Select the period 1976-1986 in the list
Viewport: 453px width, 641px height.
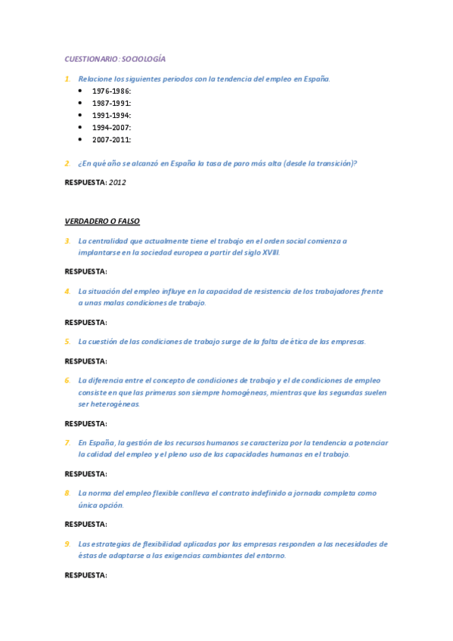point(111,91)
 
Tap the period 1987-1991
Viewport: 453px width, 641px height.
point(111,103)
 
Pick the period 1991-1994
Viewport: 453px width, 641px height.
point(111,115)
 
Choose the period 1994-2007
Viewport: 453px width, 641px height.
point(111,127)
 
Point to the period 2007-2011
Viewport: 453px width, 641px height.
point(111,139)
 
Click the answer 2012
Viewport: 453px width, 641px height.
point(117,182)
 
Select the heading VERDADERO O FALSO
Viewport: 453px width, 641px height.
point(102,221)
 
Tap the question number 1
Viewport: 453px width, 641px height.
point(67,79)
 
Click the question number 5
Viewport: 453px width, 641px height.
point(67,341)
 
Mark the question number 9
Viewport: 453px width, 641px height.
point(67,543)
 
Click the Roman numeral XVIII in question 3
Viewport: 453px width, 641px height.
point(270,252)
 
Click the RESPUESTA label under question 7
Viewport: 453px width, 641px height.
point(85,474)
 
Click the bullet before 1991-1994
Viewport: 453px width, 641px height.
point(81,115)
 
